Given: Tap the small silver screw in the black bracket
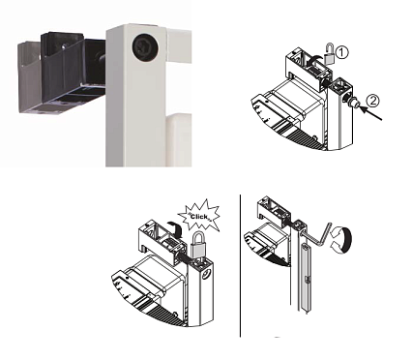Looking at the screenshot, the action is click(x=64, y=46).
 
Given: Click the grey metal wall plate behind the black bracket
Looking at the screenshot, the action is click(x=29, y=77).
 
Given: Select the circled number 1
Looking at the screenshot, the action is click(x=342, y=52).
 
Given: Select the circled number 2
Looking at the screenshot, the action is click(x=372, y=101).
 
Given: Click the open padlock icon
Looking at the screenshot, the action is click(x=329, y=53).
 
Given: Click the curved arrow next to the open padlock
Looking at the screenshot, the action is click(x=314, y=60).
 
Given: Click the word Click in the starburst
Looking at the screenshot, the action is click(x=199, y=217).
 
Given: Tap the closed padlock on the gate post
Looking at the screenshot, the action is click(x=197, y=246).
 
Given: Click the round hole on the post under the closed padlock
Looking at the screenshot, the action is click(x=206, y=275).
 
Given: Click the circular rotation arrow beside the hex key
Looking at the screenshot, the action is click(x=341, y=240).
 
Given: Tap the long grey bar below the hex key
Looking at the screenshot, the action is click(x=306, y=277).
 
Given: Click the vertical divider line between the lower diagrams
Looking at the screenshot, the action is click(x=240, y=266).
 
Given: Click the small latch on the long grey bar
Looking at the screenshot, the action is click(x=308, y=280).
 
